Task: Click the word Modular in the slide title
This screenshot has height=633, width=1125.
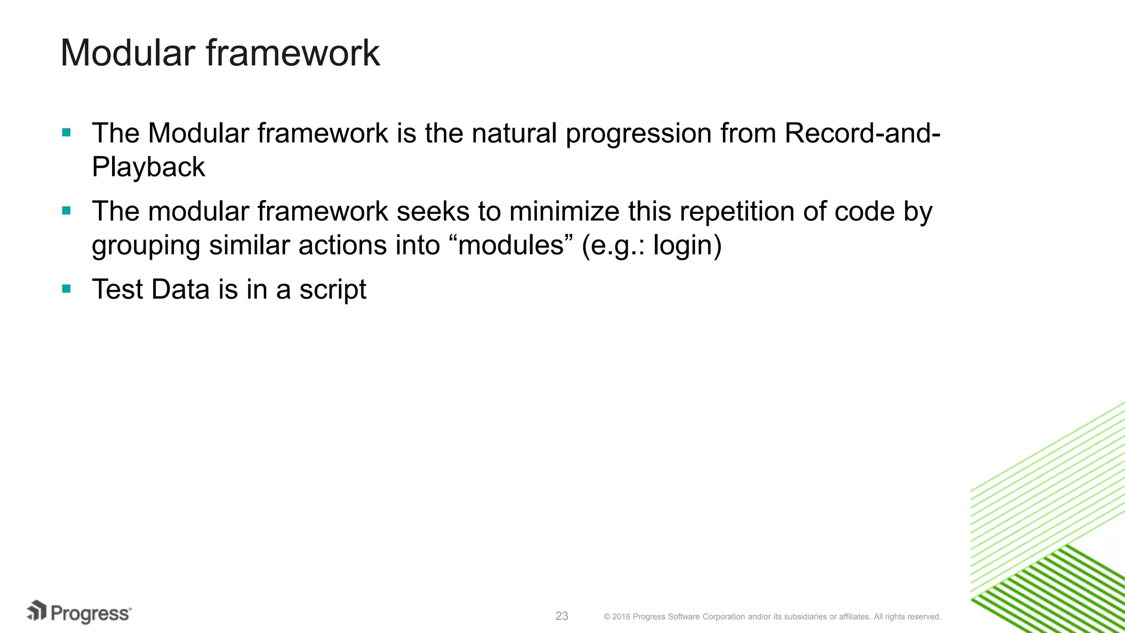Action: point(128,53)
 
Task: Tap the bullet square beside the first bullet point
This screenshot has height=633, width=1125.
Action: point(66,132)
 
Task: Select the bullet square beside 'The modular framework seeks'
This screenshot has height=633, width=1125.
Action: point(66,210)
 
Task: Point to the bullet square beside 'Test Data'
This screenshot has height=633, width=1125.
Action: point(66,288)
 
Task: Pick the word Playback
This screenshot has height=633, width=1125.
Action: point(148,167)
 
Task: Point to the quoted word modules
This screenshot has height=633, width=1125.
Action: point(511,245)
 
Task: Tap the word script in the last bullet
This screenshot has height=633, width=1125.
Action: point(332,290)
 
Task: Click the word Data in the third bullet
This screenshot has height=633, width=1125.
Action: point(180,290)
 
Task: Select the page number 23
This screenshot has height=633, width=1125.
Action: point(562,616)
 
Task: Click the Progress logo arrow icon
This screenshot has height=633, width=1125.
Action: point(37,610)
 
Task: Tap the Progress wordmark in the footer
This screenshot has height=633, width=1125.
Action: point(91,614)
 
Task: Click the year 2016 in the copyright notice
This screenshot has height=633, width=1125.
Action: point(621,617)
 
